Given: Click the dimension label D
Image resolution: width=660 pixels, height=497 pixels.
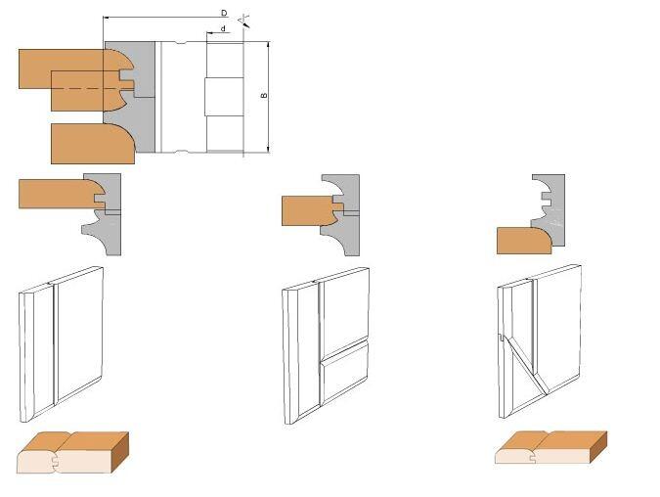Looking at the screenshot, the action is [x=224, y=13].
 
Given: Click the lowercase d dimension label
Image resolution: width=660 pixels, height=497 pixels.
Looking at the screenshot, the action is [x=223, y=28].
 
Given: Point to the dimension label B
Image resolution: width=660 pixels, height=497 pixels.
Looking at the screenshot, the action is [x=264, y=96].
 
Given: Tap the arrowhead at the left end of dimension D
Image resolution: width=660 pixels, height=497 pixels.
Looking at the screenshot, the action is [x=106, y=18].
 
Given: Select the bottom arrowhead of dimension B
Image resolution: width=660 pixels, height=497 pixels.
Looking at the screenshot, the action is [x=268, y=149].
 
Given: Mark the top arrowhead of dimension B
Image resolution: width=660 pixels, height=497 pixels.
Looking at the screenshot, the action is [x=268, y=45].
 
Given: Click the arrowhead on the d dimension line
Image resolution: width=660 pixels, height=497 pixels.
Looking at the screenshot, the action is [x=209, y=32].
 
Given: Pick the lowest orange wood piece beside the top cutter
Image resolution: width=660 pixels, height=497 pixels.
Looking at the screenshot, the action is [x=93, y=143].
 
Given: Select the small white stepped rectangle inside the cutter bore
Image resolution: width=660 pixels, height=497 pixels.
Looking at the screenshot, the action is [x=224, y=97].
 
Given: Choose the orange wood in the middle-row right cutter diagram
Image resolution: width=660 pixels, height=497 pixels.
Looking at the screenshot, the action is [x=524, y=241].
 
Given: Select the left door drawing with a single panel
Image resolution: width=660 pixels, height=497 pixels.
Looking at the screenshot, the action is [x=61, y=344].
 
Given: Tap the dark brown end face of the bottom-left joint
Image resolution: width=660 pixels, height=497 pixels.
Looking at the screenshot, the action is [x=121, y=452].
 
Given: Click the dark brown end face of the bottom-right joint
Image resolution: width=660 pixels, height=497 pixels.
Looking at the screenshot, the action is [x=599, y=447].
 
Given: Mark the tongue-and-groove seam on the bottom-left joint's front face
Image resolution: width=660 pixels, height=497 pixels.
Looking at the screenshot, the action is [x=55, y=461].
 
